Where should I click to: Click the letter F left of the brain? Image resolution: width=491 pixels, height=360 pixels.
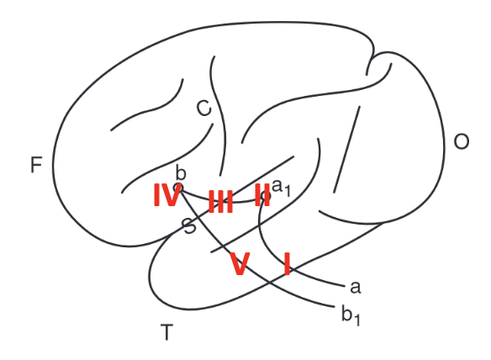click(36, 165)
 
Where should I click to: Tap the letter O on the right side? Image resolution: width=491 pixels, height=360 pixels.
click(462, 141)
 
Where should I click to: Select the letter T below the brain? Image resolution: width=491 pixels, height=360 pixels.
click(166, 332)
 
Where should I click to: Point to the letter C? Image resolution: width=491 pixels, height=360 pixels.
click(203, 109)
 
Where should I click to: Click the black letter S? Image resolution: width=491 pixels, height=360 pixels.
click(189, 226)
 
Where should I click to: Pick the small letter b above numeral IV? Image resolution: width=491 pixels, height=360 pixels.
click(181, 172)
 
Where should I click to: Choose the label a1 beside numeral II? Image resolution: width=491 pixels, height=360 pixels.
click(281, 188)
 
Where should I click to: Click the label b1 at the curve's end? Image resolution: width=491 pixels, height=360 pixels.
click(351, 315)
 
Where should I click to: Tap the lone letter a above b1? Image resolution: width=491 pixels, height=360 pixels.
click(356, 287)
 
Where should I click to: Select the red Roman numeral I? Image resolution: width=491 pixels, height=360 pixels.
click(287, 264)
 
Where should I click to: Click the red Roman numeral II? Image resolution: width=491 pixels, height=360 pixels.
click(262, 195)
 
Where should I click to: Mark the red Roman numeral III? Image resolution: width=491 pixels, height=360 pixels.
click(221, 201)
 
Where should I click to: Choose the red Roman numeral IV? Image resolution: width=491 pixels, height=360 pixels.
click(167, 195)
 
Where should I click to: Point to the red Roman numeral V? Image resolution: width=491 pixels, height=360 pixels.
click(240, 264)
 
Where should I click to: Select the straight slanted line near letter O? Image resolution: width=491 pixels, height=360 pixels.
click(347, 150)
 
